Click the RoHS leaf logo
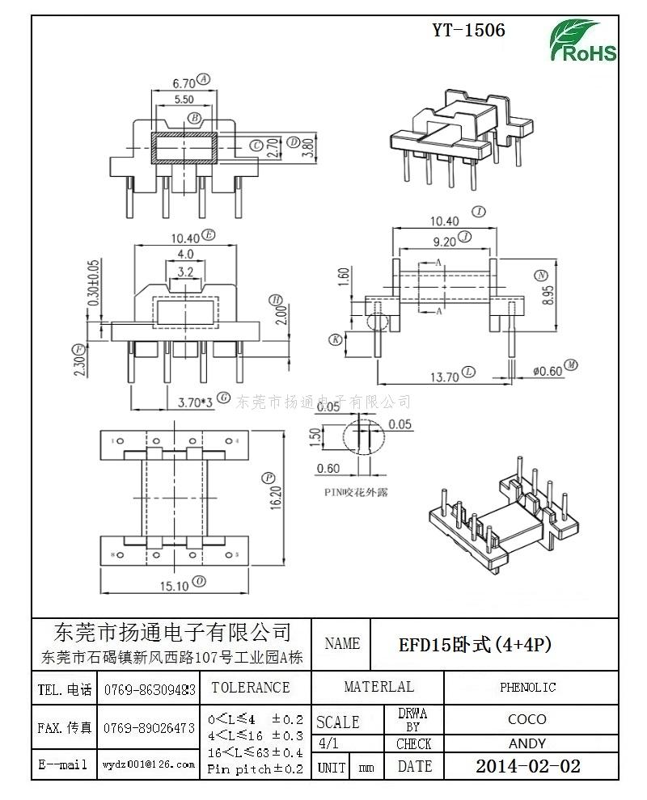pos(583,40)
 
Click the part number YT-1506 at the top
pos(468,31)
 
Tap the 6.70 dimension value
pos(184,82)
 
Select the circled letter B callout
pos(195,119)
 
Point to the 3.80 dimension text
pos(308,147)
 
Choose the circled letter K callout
pos(334,340)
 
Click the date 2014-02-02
pos(527,766)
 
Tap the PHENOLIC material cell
pos(527,688)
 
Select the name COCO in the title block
pos(527,718)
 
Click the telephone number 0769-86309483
pos(149,689)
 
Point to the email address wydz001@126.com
pos(149,764)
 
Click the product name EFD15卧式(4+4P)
pos(475,645)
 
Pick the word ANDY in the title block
pos(527,743)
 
